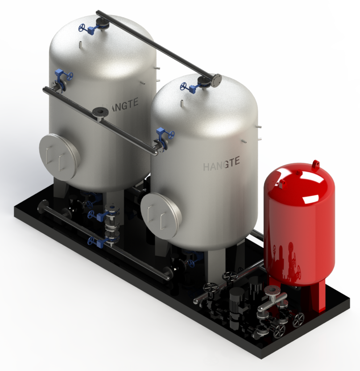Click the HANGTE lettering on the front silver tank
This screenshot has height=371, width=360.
[x=221, y=163]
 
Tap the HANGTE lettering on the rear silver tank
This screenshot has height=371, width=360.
[x=120, y=105]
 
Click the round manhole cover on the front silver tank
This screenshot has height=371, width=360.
[x=161, y=215]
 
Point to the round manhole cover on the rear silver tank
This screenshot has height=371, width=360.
[x=60, y=158]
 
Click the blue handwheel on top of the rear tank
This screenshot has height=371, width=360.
[x=82, y=27]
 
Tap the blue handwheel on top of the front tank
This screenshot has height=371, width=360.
[x=184, y=86]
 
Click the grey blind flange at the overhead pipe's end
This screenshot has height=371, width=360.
[x=216, y=80]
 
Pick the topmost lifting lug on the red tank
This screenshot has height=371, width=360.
[x=315, y=164]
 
